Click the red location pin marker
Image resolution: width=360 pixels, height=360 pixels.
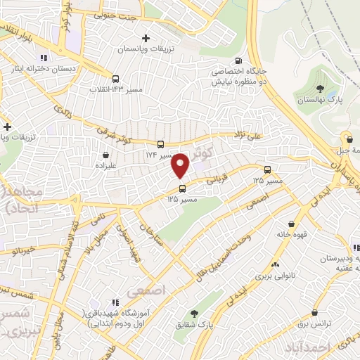(180, 165)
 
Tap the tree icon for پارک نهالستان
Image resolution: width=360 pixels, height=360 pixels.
(321, 89)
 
